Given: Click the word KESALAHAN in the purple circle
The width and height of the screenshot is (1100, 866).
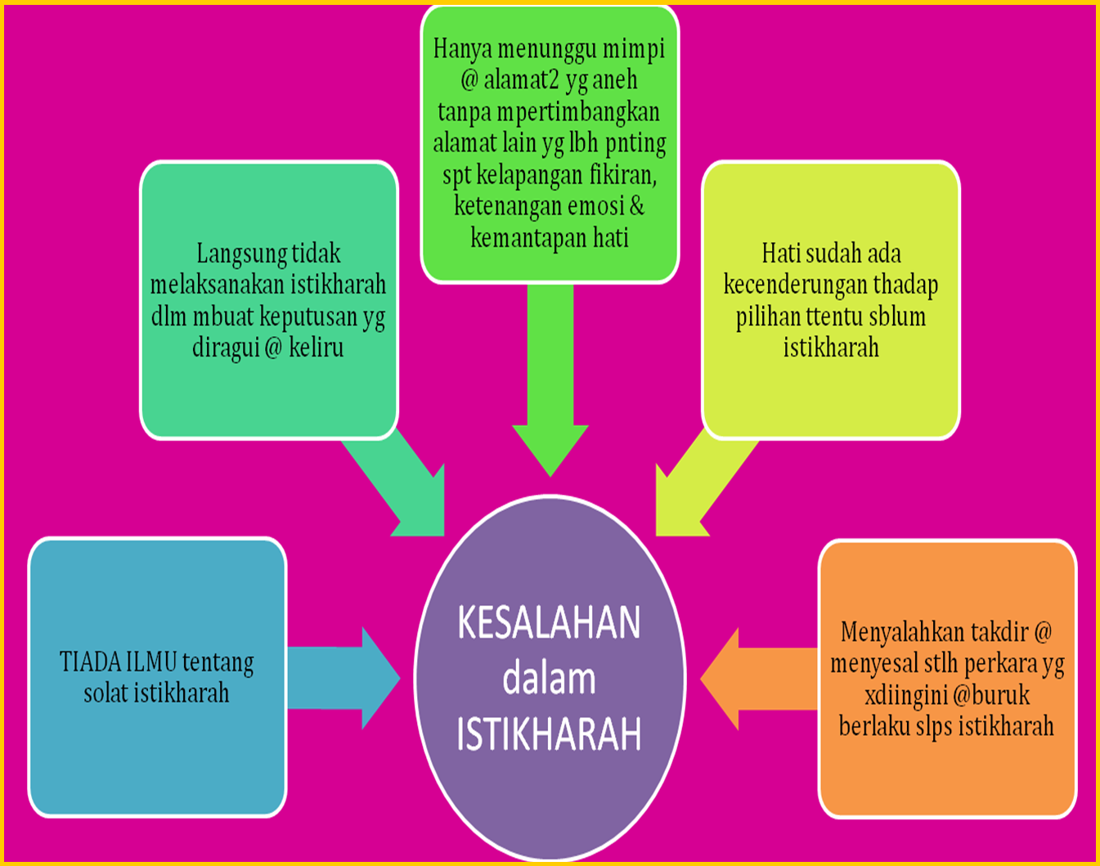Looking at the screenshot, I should coord(549,624).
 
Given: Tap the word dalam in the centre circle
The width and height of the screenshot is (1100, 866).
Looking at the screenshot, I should coord(549,680).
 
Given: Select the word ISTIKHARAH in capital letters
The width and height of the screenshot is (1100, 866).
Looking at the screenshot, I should coord(549,734).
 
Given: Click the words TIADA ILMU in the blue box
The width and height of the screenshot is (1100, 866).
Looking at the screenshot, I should coord(118,662).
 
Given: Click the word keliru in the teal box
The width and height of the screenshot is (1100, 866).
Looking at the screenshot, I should coord(317,348).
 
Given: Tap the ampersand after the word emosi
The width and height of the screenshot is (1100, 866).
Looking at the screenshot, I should coord(636,205).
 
